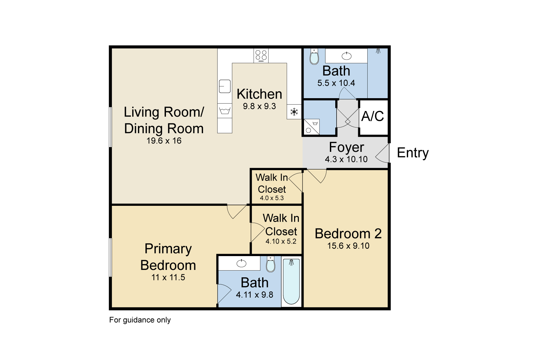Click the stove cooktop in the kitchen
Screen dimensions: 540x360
[261, 56]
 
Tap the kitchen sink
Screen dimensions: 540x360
[225, 86]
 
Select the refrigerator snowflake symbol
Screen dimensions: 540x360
[294, 112]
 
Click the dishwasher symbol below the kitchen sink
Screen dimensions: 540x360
[225, 111]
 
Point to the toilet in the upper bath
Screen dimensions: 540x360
[314, 56]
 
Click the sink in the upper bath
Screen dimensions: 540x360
[346, 56]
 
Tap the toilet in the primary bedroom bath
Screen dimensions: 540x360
[271, 264]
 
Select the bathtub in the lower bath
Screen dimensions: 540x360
[291, 281]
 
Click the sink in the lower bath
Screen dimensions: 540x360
[241, 263]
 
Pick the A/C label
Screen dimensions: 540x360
[372, 116]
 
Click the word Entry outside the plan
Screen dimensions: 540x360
[413, 153]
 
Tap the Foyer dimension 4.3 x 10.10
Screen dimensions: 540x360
[346, 159]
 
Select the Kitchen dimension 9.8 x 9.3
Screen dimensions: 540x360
[259, 106]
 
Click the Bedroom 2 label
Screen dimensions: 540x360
[348, 233]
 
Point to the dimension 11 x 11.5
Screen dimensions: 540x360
[168, 277]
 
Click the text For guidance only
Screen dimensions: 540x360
[140, 320]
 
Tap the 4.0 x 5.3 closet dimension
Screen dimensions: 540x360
[272, 198]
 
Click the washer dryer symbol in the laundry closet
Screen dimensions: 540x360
[311, 127]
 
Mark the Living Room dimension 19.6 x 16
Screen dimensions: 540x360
[164, 141]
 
